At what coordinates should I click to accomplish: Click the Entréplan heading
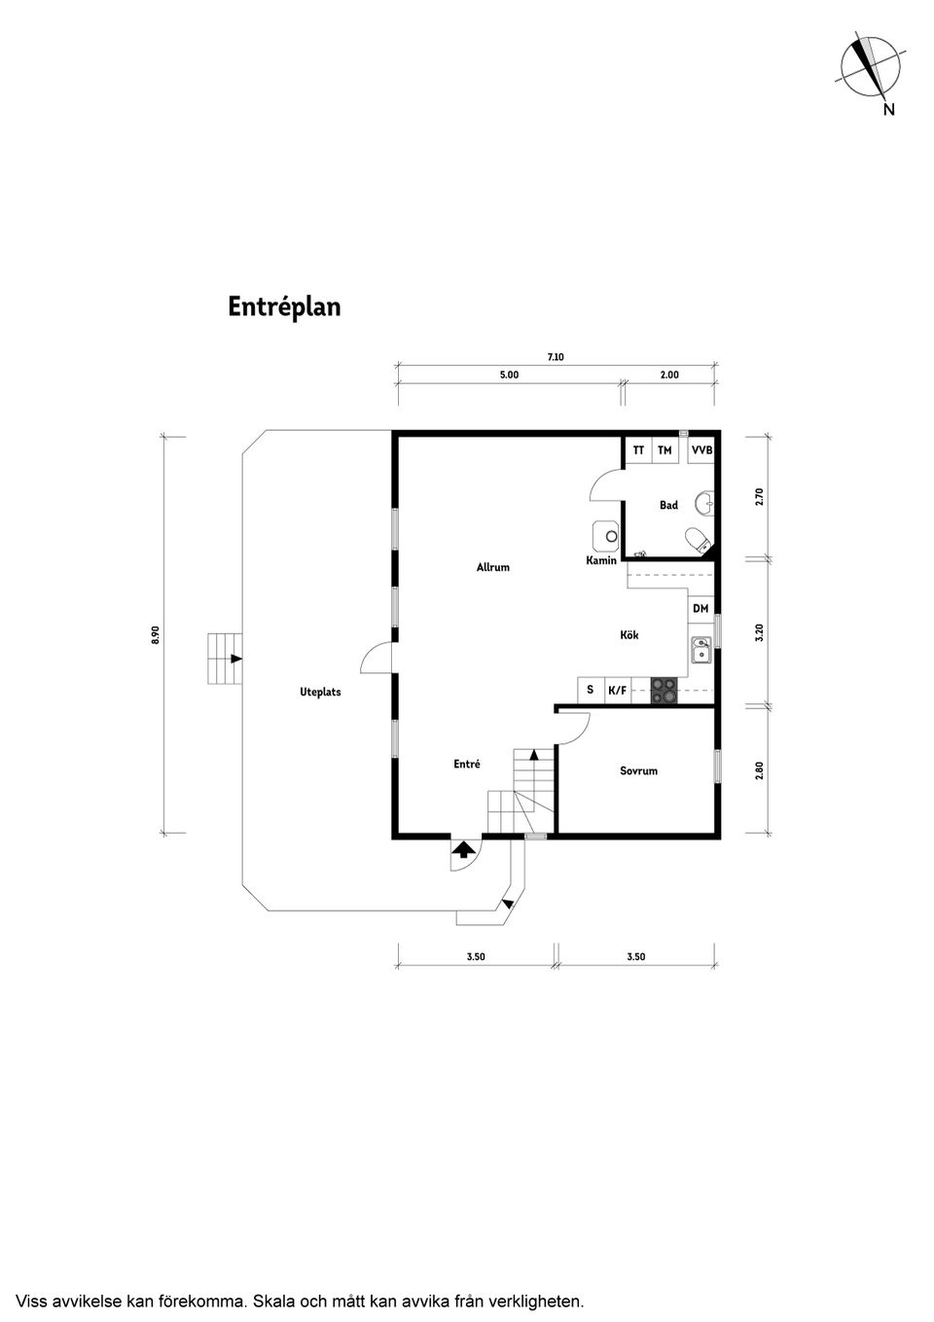[284, 306]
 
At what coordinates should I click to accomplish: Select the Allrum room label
[492, 567]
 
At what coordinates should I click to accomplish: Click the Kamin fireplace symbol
[608, 535]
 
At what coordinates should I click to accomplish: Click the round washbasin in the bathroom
[704, 503]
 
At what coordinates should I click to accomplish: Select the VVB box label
[700, 450]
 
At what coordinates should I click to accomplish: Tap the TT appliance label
[638, 450]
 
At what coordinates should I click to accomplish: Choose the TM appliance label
[665, 450]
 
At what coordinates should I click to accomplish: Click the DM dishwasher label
[700, 608]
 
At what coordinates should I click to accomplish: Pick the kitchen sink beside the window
[700, 649]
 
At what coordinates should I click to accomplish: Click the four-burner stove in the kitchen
[664, 690]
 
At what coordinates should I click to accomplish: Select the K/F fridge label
[617, 691]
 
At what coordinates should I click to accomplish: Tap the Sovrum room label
[638, 770]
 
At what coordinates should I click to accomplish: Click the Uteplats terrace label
[320, 693]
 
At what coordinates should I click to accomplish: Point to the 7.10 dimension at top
[556, 357]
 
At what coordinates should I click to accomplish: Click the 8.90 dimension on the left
[155, 634]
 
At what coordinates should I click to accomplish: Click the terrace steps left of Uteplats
[224, 660]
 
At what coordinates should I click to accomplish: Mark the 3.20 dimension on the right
[760, 632]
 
